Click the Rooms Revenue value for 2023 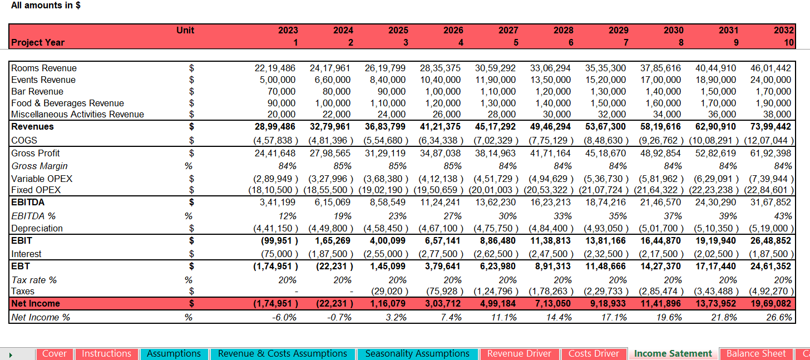pyautogui.click(x=275, y=68)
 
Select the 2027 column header pyautogui.click(x=508, y=30)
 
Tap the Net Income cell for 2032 pyautogui.click(x=771, y=304)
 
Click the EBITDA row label pyautogui.click(x=28, y=202)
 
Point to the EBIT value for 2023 pyautogui.click(x=279, y=240)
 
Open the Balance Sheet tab pyautogui.click(x=756, y=353)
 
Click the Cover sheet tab pyautogui.click(x=55, y=353)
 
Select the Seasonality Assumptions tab pyautogui.click(x=417, y=353)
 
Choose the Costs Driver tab pyautogui.click(x=594, y=353)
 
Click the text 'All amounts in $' pyautogui.click(x=46, y=6)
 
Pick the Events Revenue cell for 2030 pyautogui.click(x=661, y=80)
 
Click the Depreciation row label pyautogui.click(x=37, y=228)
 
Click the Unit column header pyautogui.click(x=185, y=30)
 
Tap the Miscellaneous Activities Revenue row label pyautogui.click(x=77, y=114)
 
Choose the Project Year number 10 pyautogui.click(x=789, y=42)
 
